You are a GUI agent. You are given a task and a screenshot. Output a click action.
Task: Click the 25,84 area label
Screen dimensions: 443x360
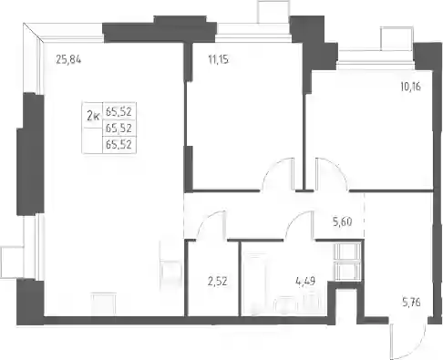point(68,60)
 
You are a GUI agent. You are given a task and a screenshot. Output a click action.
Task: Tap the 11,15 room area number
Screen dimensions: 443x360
point(219,59)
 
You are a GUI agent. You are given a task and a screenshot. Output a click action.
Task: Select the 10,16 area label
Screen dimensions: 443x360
point(410,87)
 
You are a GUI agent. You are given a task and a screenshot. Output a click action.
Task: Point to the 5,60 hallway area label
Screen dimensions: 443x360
point(343,222)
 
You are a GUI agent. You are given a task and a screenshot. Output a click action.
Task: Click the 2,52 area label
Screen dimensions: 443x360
point(218,282)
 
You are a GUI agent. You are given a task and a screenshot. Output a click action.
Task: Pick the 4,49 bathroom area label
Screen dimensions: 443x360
point(305,282)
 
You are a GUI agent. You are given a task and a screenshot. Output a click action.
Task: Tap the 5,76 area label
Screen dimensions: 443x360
point(411,303)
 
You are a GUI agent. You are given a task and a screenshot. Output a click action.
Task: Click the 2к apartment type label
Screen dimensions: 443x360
point(93,116)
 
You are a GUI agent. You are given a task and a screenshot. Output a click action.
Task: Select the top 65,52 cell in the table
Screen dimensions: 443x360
point(118,112)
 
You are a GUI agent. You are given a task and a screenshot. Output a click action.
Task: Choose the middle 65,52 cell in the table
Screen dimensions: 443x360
point(118,129)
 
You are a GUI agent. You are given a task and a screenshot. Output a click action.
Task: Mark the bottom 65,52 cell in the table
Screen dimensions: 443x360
point(118,145)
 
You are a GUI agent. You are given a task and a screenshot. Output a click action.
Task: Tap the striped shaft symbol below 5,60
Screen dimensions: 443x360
point(348,262)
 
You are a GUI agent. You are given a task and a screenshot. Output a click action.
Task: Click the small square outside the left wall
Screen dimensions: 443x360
point(12,262)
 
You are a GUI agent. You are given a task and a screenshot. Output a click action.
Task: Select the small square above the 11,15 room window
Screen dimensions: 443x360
point(273,12)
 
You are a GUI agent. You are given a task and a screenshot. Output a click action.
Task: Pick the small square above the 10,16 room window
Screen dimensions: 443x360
point(397,38)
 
